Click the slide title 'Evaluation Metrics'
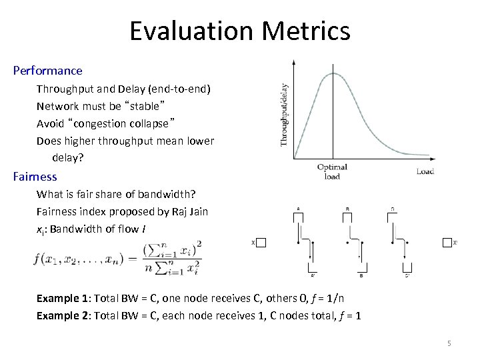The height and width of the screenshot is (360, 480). tap(239, 31)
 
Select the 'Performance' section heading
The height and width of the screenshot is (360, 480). tap(47, 71)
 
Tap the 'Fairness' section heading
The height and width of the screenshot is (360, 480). tap(35, 177)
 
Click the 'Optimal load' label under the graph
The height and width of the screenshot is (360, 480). tap(331, 171)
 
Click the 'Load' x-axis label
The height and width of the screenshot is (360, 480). tap(425, 171)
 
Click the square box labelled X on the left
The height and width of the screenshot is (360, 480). tap(261, 243)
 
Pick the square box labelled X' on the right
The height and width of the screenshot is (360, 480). tap(447, 243)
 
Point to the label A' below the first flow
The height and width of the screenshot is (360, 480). tap(313, 275)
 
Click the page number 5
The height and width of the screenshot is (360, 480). tap(449, 343)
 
